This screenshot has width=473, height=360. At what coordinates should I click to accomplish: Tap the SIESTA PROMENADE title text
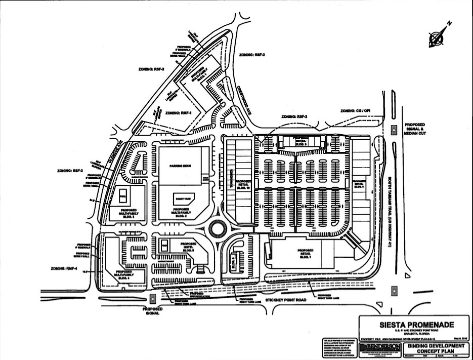coord(413,325)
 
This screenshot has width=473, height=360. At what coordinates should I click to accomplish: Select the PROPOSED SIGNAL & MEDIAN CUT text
coord(414,129)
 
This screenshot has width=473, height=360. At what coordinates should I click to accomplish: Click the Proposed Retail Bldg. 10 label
coord(243,185)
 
